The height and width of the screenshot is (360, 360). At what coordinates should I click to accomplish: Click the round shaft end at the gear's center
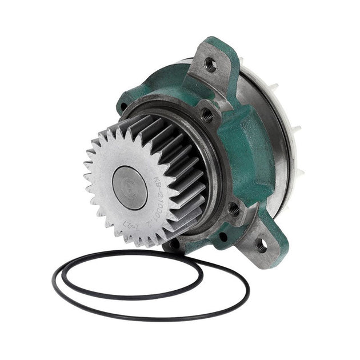130,187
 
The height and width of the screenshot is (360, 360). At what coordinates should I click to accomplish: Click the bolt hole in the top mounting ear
211,64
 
